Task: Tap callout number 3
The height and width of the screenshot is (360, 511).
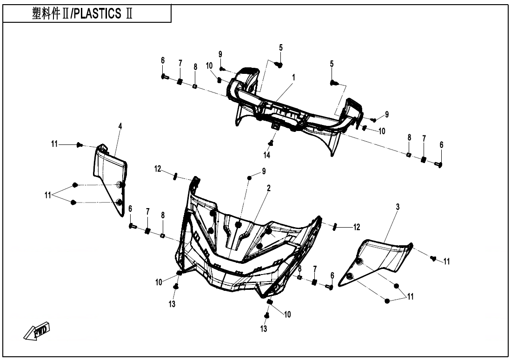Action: [398, 206]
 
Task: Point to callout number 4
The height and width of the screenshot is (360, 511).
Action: [120, 126]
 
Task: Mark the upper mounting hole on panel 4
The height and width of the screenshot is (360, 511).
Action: [119, 185]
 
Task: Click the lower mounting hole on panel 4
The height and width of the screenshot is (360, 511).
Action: [119, 202]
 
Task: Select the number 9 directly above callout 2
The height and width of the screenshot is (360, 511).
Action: [264, 171]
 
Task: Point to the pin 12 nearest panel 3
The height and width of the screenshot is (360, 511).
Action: [334, 227]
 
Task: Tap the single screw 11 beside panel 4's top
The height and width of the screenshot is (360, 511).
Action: [80, 145]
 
